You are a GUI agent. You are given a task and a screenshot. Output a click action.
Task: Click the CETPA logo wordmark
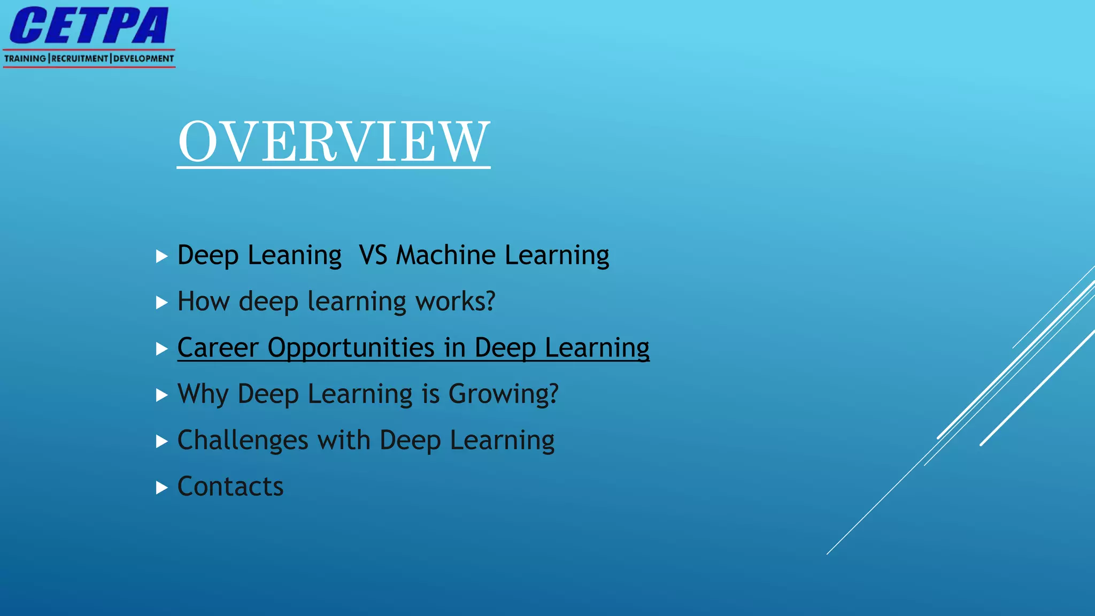tap(89, 26)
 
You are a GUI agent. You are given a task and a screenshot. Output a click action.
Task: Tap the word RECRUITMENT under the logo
tap(80, 58)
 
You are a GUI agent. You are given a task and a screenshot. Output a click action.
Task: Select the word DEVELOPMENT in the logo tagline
tap(143, 58)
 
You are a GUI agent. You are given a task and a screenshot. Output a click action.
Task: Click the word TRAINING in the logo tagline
tap(25, 58)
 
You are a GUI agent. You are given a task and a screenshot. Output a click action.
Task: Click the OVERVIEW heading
tap(334, 141)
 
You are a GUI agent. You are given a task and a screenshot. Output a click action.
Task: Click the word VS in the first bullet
tap(373, 255)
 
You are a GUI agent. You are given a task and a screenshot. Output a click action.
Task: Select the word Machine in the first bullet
tap(445, 255)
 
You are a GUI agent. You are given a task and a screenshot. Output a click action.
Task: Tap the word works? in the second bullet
tap(456, 302)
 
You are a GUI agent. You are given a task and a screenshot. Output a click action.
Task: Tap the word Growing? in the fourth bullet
tap(503, 395)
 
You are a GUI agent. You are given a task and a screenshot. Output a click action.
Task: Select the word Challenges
tap(243, 441)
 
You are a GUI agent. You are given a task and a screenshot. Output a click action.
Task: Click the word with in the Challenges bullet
tap(344, 441)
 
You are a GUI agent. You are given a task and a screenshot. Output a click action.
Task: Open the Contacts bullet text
tap(230, 487)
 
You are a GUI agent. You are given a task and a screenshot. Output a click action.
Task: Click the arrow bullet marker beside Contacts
tap(161, 488)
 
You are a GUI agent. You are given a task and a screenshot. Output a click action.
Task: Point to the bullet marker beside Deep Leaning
tap(161, 256)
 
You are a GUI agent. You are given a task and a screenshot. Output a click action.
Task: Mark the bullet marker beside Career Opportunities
tap(161, 349)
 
